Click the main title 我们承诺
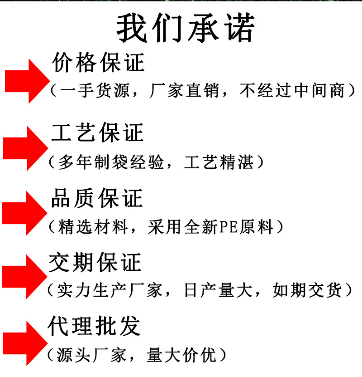[x=186, y=28]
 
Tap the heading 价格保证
[x=98, y=63]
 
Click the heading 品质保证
[x=97, y=198]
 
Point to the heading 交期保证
[x=95, y=263]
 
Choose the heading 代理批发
[x=94, y=326]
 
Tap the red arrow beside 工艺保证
[x=25, y=148]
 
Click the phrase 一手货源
[x=94, y=91]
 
